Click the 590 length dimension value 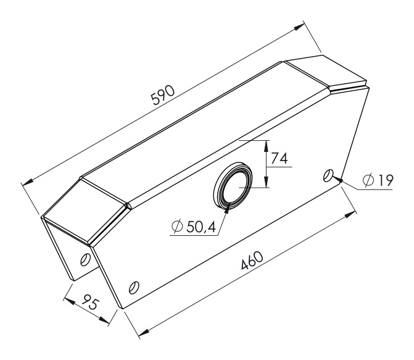pos(163,95)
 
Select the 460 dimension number pos(252,261)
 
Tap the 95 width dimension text pos(89,301)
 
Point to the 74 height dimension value pos(279,158)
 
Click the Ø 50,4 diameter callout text pos(194,226)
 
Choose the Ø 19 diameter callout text pos(378,180)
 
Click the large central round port pos(233,185)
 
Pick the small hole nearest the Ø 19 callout pos(328,175)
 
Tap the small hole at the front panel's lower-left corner pos(134,287)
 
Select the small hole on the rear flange pos(85,259)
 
